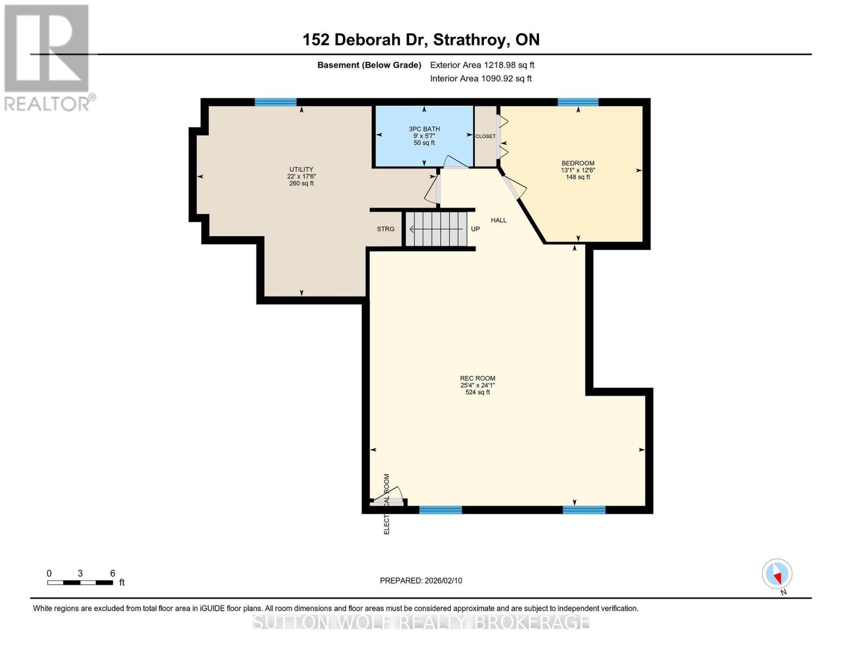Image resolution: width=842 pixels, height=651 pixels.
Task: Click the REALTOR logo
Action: click(x=48, y=57)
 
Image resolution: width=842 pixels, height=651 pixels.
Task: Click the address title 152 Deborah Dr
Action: click(x=421, y=40)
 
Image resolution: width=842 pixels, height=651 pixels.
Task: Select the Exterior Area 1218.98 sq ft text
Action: click(x=482, y=65)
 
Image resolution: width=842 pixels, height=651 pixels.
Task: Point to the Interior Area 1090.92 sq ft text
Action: click(x=480, y=79)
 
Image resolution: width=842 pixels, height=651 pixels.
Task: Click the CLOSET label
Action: click(x=485, y=136)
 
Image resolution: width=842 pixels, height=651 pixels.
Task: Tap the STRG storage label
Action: click(x=385, y=229)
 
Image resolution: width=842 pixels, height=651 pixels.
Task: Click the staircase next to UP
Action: click(x=436, y=229)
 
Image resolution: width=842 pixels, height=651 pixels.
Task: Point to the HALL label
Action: click(x=498, y=220)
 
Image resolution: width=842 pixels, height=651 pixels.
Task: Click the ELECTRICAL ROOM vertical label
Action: click(x=387, y=505)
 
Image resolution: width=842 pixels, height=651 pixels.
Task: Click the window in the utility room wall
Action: click(x=275, y=102)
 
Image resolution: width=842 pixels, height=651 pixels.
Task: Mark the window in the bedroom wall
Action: click(x=578, y=102)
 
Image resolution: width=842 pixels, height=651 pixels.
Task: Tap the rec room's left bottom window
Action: click(x=440, y=509)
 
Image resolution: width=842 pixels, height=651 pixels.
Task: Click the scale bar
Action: click(x=80, y=582)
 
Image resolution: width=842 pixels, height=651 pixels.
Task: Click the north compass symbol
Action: click(x=777, y=574)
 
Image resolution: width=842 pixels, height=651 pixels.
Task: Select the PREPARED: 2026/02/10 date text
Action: click(x=421, y=580)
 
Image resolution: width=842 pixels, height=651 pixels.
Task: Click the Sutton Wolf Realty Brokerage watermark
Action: click(x=421, y=622)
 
